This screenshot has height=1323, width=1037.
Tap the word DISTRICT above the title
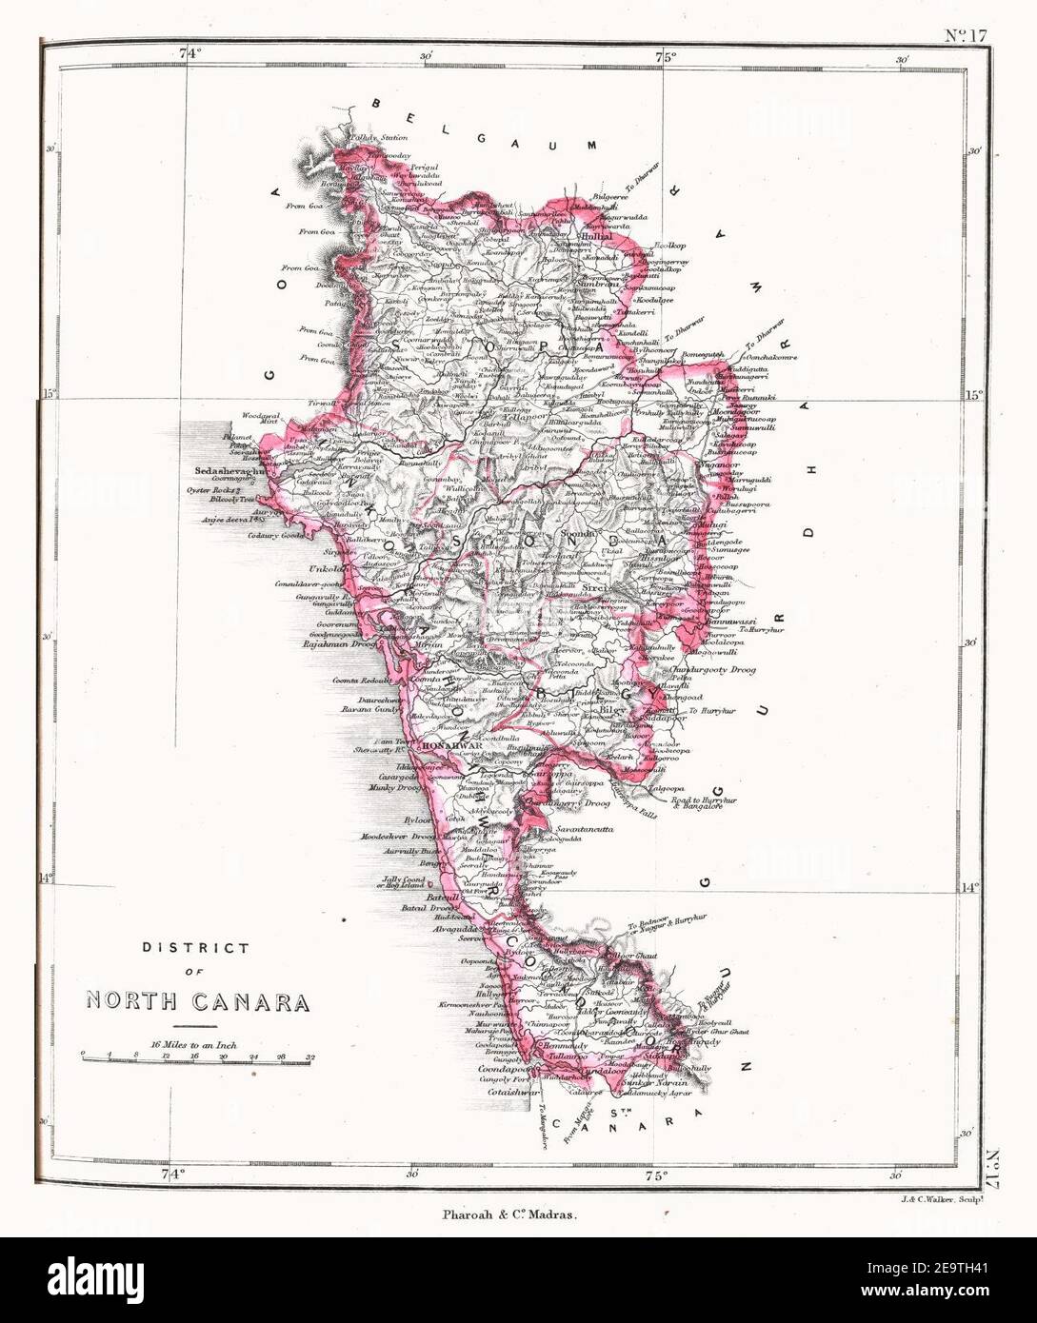[x=196, y=948]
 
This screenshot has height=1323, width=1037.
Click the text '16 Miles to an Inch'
[x=193, y=1044]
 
